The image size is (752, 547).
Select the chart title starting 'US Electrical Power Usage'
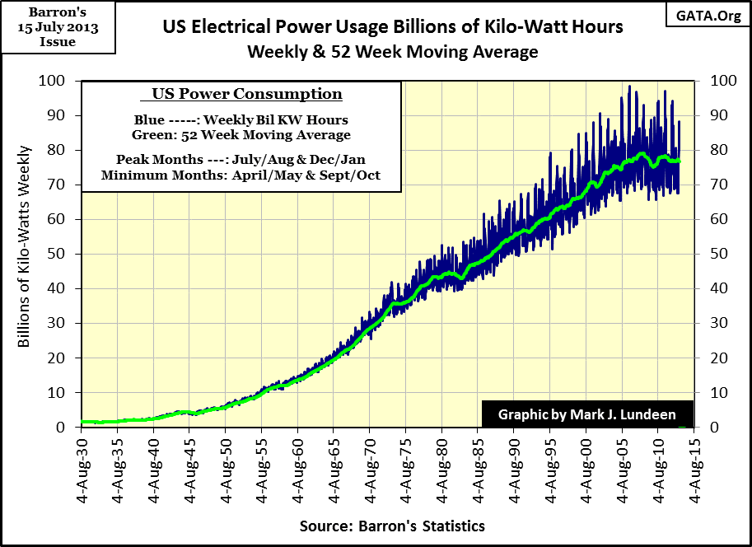pos(392,28)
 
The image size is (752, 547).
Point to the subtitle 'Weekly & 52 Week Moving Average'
pos(393,51)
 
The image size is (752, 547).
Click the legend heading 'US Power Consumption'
pos(241,94)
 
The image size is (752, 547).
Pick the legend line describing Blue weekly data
pos(241,120)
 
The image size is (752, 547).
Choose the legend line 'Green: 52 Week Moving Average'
pos(241,134)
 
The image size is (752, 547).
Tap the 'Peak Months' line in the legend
pos(241,161)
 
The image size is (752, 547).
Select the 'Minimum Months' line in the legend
pos(241,175)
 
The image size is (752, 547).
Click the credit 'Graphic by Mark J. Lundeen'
pos(586,414)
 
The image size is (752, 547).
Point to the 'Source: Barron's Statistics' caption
pos(392,526)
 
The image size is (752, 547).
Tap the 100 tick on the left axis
pos(54,81)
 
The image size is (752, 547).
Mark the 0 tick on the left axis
pos(61,427)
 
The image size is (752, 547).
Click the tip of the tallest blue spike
pos(630,86)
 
